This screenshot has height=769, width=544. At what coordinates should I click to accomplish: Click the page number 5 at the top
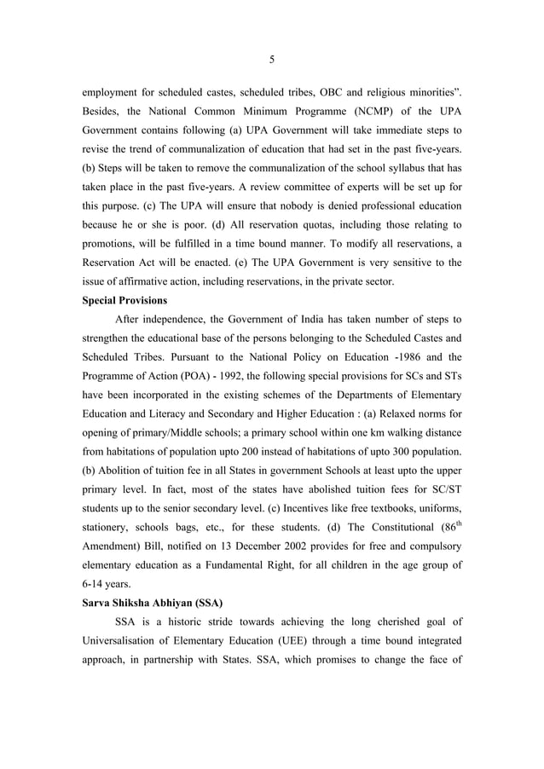(x=272, y=59)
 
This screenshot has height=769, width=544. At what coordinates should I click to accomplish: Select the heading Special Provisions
(x=123, y=301)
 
